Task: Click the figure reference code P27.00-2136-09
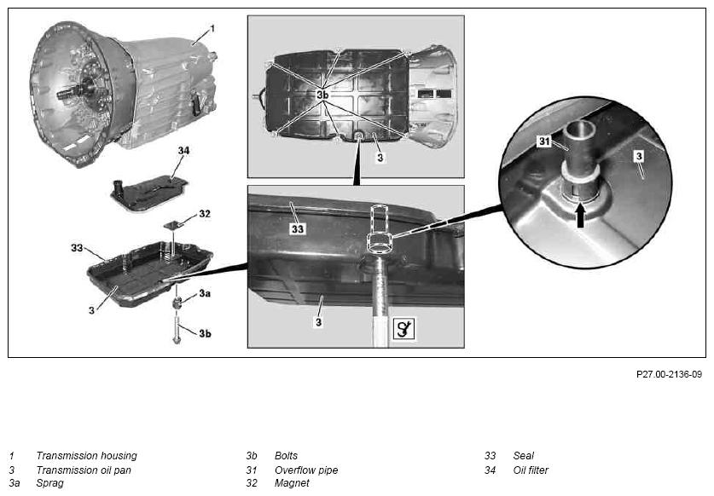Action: [669, 374]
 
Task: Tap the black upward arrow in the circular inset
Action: [580, 216]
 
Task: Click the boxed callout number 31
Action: [544, 141]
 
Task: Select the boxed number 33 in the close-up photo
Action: [298, 229]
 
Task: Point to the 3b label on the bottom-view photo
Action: [322, 95]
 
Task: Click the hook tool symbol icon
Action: [403, 329]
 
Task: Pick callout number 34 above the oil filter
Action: [183, 151]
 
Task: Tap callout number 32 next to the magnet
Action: [205, 214]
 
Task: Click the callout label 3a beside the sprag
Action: [205, 293]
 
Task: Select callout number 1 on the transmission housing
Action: [212, 29]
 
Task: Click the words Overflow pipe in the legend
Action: [306, 470]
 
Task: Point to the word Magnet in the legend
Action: [292, 483]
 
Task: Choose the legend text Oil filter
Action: [531, 470]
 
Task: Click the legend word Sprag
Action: [49, 483]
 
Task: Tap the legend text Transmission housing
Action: [86, 455]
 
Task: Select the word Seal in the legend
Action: [523, 455]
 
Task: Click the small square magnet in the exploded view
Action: [172, 225]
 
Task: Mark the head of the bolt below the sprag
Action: [177, 339]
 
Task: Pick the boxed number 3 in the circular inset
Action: [639, 157]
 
